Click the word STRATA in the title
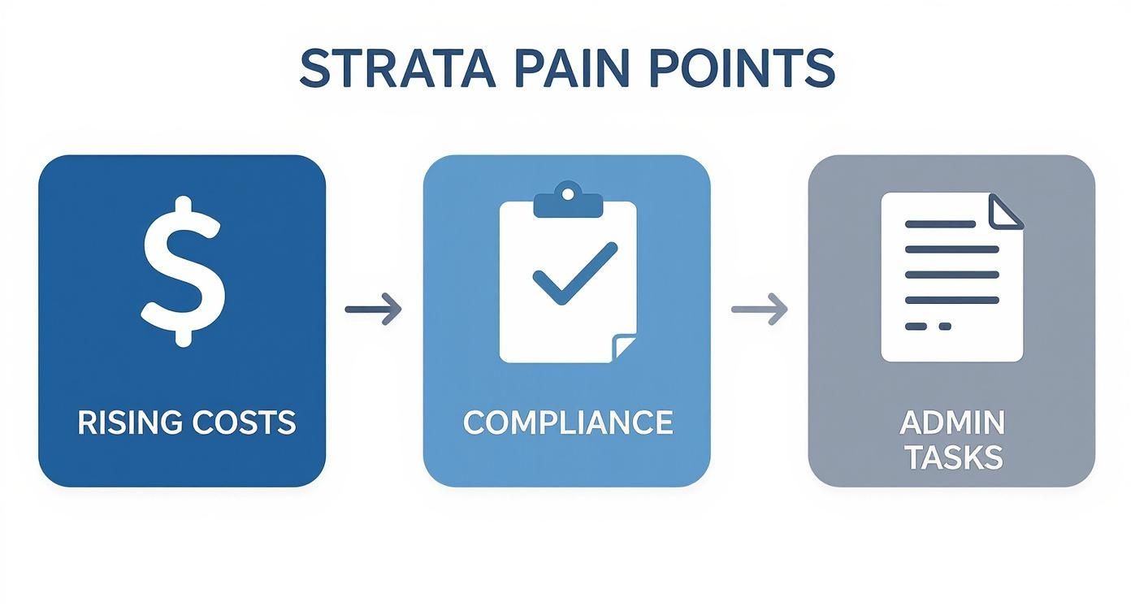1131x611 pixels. [x=397, y=69]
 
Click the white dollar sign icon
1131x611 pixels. [x=183, y=271]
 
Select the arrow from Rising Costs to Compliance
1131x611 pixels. [x=373, y=309]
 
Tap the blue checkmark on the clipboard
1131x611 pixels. [x=574, y=274]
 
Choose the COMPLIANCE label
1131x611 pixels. [x=567, y=422]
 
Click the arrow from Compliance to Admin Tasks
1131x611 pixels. [x=759, y=309]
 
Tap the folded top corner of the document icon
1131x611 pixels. [x=1006, y=211]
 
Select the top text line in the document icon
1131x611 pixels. [x=940, y=223]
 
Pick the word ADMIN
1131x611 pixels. [x=952, y=422]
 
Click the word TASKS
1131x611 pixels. [x=953, y=458]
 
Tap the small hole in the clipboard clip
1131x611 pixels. [x=567, y=193]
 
